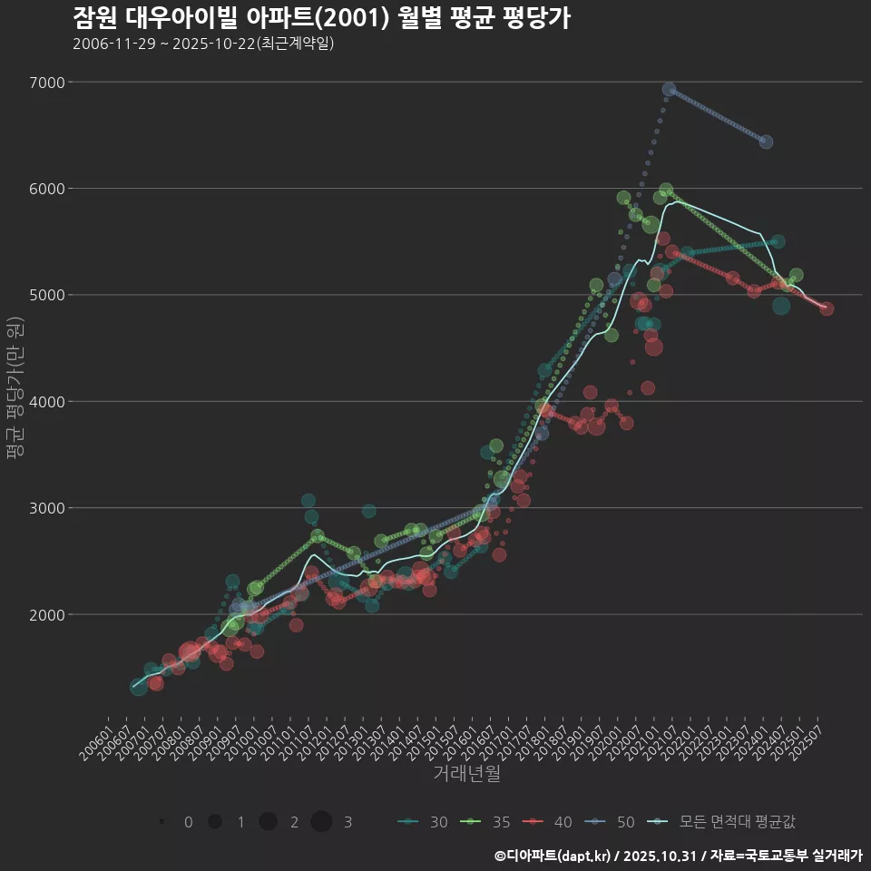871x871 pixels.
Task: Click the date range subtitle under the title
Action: coord(203,44)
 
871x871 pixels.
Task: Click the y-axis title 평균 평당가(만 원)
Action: coord(15,390)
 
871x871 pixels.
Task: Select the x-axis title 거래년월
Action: coord(466,773)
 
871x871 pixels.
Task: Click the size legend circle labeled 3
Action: coord(322,822)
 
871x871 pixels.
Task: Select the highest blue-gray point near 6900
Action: coord(669,89)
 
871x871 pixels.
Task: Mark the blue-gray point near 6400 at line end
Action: coord(766,142)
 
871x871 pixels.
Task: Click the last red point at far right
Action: coord(827,308)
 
